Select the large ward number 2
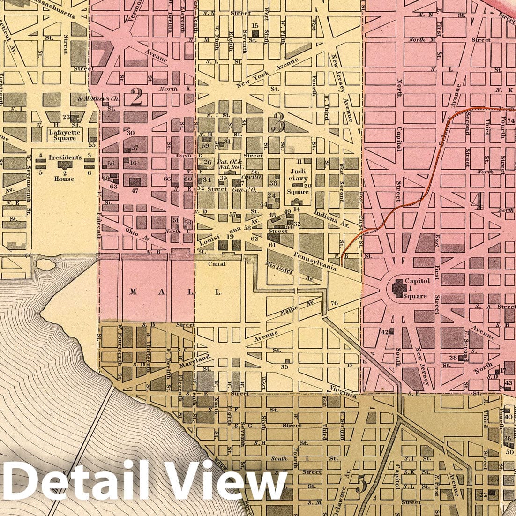click(136, 97)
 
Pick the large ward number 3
click(277, 124)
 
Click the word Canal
click(217, 264)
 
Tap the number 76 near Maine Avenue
click(334, 303)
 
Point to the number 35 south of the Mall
click(284, 366)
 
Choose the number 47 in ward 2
click(135, 191)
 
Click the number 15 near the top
click(255, 25)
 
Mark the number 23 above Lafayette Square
click(66, 117)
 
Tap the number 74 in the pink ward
click(510, 121)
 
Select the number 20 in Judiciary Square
click(307, 186)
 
